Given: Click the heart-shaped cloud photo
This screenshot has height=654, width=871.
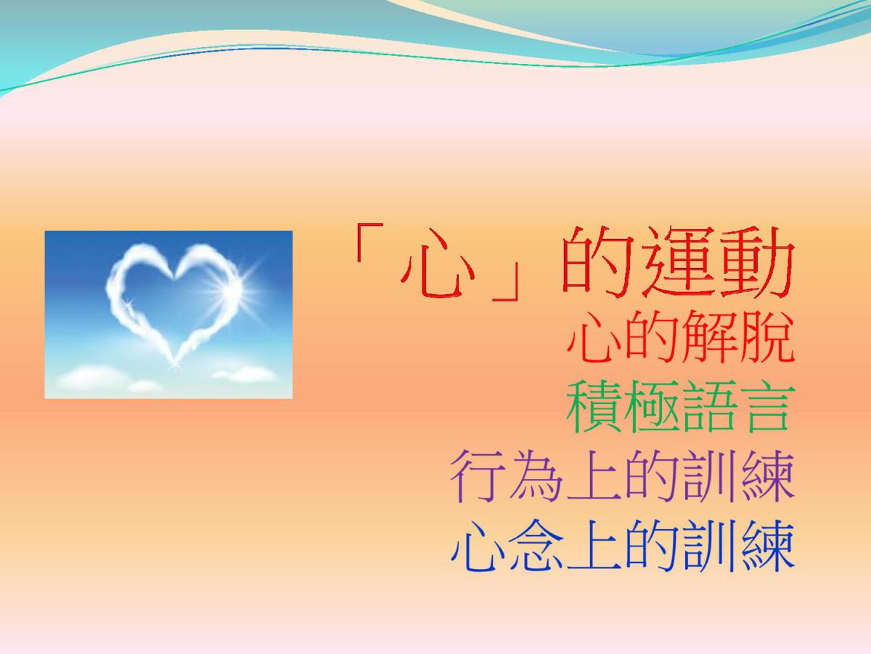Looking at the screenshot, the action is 168,315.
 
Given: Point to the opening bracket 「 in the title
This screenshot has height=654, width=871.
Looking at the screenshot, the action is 368,243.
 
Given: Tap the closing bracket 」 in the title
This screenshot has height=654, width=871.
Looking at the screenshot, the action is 504,281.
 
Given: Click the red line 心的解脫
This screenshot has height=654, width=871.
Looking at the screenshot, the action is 681,337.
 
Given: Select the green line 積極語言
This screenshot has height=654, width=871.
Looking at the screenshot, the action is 680,405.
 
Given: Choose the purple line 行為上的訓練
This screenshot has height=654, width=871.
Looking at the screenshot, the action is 623,476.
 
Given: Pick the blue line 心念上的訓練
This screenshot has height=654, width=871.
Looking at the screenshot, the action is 623,545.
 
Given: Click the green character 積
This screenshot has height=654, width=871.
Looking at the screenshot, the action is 594,405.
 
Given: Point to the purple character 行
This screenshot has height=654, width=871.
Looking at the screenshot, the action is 478,476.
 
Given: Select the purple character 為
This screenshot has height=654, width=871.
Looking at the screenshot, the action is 536,476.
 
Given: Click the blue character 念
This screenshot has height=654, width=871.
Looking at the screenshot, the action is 536,545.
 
